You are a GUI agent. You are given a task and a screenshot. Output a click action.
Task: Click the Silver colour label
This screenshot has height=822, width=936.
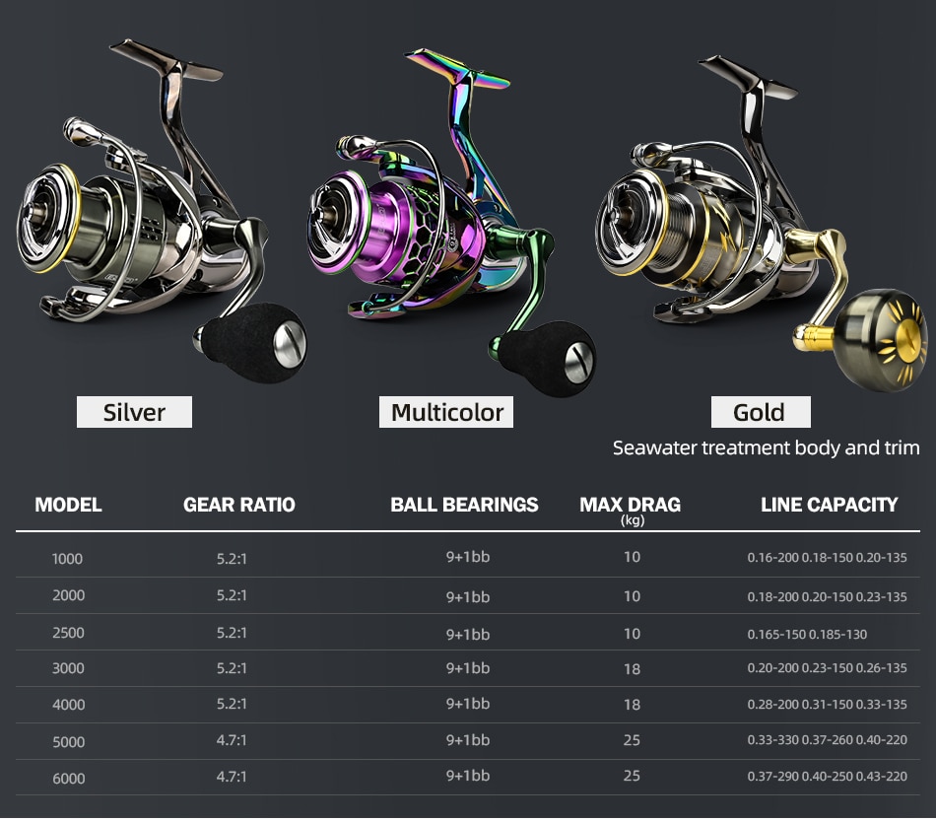point(134,412)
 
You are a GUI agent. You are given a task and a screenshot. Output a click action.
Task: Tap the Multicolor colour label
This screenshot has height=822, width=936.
point(446,412)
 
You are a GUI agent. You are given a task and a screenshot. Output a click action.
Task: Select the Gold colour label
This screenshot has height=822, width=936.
point(761,412)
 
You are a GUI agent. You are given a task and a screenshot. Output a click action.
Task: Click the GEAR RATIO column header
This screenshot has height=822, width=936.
point(239,505)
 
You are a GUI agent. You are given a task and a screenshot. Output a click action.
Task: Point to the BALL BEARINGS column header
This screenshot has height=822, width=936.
point(464,505)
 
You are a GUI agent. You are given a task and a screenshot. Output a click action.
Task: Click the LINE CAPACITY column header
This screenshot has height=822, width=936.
point(830,505)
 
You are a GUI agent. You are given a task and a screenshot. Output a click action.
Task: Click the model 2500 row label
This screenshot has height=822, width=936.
point(68,633)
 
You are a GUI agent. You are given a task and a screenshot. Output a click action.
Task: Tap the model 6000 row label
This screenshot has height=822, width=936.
point(68,779)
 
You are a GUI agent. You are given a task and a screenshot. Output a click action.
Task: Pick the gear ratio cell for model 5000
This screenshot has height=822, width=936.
point(232,740)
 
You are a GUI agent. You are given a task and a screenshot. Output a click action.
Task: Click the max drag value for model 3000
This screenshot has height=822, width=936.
point(632,669)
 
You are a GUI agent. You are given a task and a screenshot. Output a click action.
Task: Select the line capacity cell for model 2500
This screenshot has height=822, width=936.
point(807,634)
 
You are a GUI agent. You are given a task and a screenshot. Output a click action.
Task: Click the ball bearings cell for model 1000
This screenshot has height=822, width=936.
point(468,557)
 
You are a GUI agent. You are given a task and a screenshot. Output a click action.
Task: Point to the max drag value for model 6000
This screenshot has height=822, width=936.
point(632,776)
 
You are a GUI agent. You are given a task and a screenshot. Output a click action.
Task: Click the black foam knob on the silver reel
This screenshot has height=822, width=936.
point(250,342)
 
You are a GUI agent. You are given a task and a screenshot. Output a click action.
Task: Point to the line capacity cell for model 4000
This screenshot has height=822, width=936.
point(827,705)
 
